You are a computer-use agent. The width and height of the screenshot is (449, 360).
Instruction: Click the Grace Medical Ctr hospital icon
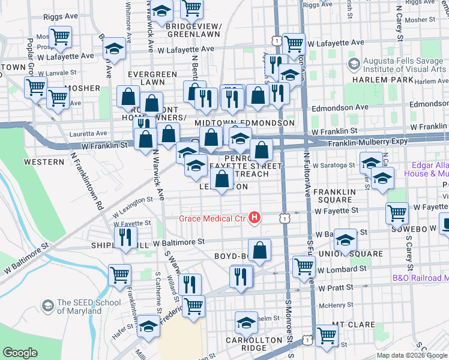coord(255,218)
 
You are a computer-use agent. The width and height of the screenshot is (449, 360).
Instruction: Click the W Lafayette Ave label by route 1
coord(336,43)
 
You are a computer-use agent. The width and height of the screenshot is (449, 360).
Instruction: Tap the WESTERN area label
coord(44,162)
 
